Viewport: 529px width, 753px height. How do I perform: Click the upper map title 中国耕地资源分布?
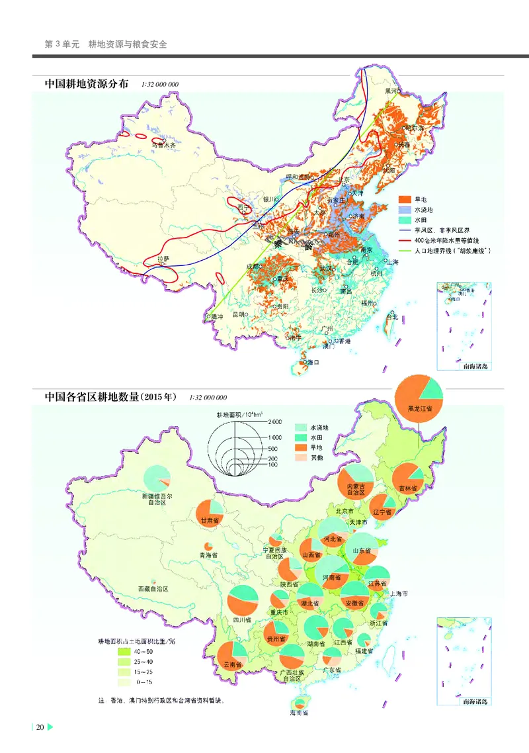click(x=87, y=85)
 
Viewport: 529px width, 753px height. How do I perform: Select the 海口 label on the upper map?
click(x=312, y=363)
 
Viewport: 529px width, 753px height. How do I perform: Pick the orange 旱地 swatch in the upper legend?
click(x=404, y=199)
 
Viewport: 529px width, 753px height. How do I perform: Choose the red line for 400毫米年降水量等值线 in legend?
click(x=404, y=241)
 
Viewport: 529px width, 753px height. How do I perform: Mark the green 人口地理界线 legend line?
click(x=404, y=251)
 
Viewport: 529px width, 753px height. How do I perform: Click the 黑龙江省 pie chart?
click(x=419, y=396)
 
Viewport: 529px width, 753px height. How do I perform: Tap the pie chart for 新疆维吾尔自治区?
click(x=157, y=477)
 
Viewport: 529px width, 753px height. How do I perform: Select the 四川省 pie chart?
click(x=243, y=601)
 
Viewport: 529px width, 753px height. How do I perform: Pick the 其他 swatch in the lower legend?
click(x=301, y=457)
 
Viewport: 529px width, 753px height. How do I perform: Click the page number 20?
click(x=40, y=728)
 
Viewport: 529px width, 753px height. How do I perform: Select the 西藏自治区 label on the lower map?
click(x=153, y=588)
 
